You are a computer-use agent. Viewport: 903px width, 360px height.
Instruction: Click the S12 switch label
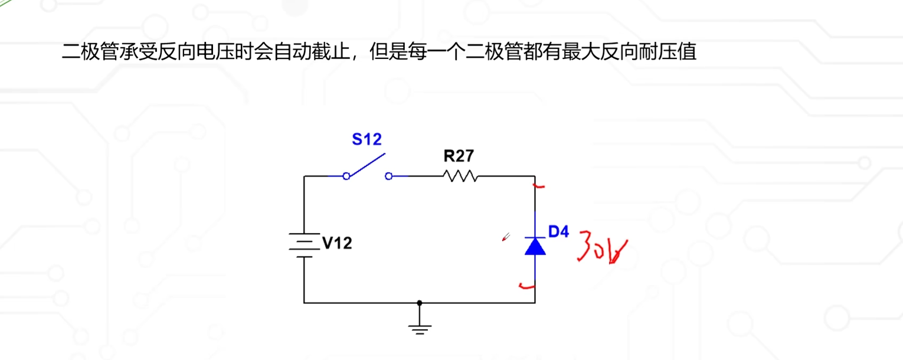coord(367,139)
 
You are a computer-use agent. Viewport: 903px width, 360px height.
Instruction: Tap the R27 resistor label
coord(459,156)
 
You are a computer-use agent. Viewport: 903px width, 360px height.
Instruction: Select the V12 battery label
coord(337,243)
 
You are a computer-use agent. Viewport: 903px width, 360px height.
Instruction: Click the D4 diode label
coord(558,231)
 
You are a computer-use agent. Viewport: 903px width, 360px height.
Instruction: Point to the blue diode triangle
coord(535,246)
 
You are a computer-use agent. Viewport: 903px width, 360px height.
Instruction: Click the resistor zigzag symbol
coord(460,176)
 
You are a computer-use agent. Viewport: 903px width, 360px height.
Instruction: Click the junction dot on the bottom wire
coord(420,303)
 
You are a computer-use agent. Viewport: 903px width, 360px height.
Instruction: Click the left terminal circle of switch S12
coord(346,176)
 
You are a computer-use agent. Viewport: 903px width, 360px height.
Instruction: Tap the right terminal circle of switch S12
coord(388,176)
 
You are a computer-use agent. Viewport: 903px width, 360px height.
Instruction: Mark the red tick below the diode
coord(525,287)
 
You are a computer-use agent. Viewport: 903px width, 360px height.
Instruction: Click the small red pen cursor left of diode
coord(505,237)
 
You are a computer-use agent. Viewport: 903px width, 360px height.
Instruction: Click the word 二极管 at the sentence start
coord(92,52)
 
